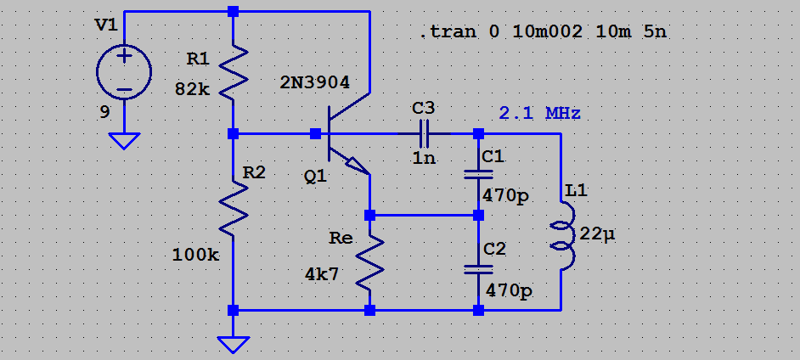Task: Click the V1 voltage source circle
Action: (124, 72)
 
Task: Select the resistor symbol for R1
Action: (234, 72)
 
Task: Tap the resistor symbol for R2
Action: (234, 209)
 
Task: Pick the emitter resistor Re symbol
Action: (370, 263)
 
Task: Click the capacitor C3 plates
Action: (424, 134)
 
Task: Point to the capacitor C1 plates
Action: (478, 175)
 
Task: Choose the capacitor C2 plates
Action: (478, 270)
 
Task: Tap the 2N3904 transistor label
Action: (326, 82)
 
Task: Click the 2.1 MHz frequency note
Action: (539, 113)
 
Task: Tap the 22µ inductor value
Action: (597, 233)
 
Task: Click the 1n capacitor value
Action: (423, 157)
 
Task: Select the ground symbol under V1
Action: (124, 140)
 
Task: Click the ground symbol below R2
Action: (234, 343)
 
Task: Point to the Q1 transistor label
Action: (315, 177)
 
